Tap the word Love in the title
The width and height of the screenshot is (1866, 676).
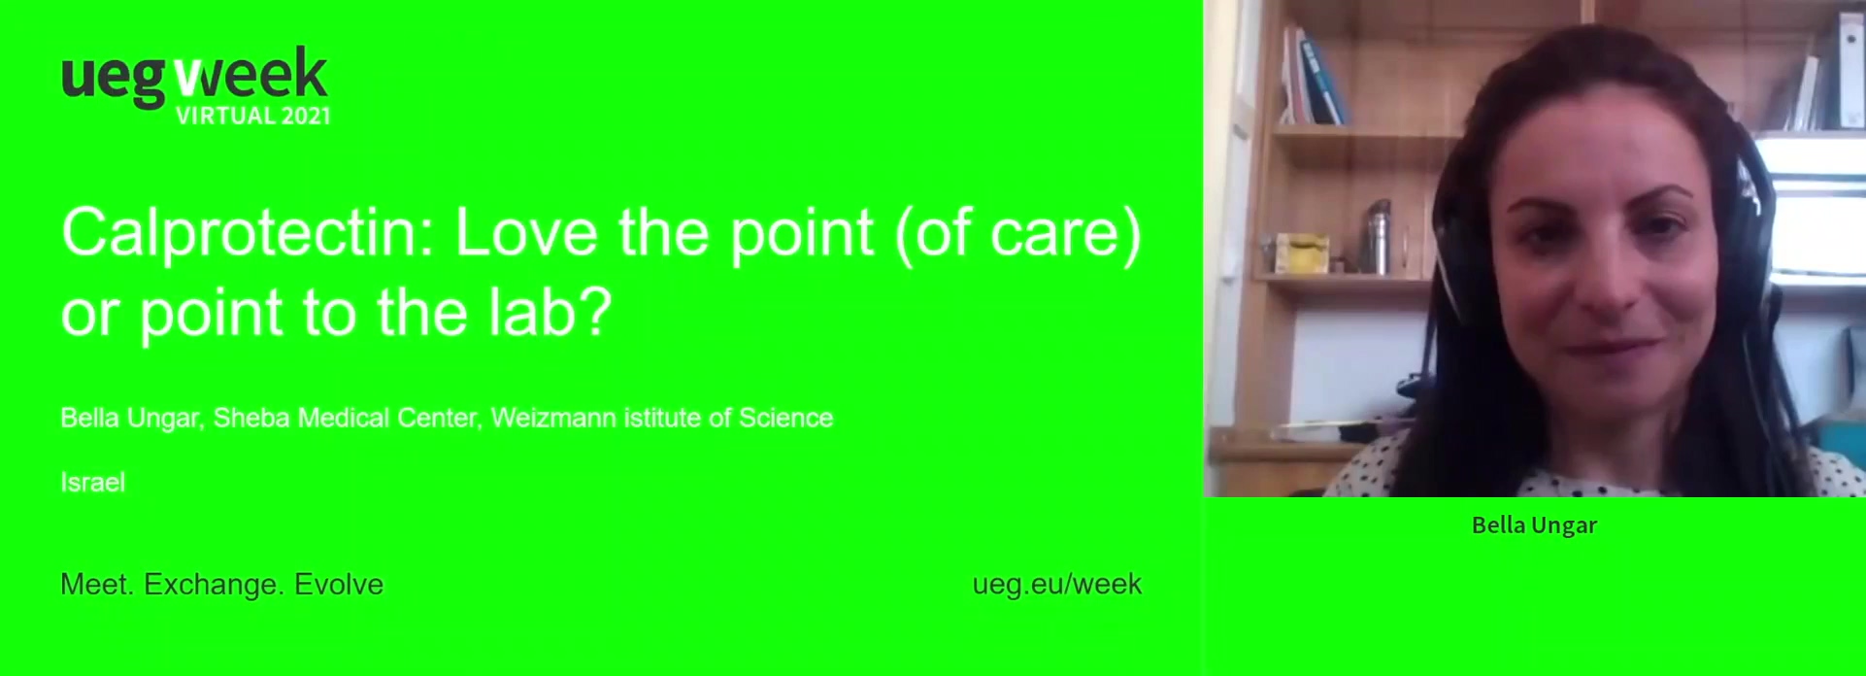(526, 233)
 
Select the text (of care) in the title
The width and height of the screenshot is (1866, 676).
(1017, 234)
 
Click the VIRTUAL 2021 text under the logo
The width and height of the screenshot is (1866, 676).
(253, 116)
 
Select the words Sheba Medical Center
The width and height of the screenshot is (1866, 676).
(346, 418)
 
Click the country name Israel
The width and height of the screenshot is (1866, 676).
(93, 483)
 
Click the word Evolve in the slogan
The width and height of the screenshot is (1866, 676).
(339, 584)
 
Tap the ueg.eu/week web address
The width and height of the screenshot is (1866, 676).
(1057, 584)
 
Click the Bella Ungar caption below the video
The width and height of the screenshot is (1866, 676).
(1534, 525)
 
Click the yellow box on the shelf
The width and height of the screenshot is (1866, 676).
(1302, 253)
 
